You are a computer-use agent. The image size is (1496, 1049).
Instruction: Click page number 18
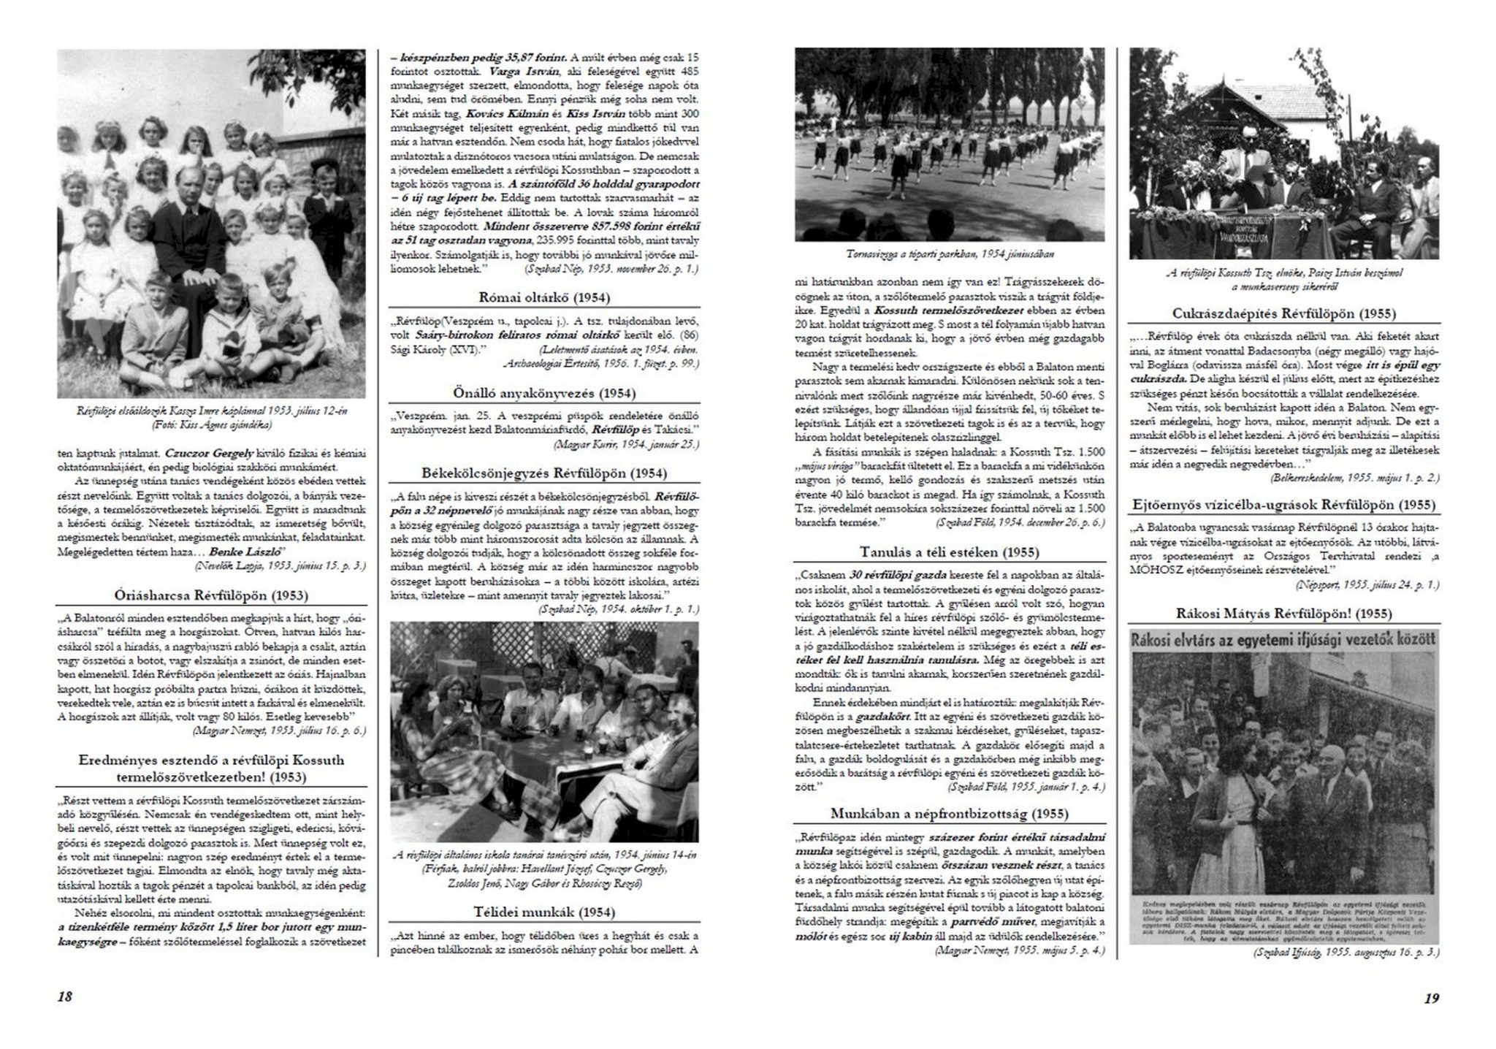click(x=64, y=997)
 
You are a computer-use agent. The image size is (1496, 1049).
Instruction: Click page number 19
click(x=1431, y=998)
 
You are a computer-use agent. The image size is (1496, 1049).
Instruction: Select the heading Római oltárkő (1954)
click(x=544, y=297)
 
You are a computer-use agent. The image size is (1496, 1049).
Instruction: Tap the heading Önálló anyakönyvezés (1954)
click(x=544, y=392)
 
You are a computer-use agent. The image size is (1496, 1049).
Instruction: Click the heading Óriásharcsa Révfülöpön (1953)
click(x=211, y=595)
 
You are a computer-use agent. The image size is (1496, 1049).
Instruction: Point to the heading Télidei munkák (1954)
click(x=544, y=912)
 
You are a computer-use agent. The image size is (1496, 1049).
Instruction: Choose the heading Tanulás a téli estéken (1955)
click(x=949, y=552)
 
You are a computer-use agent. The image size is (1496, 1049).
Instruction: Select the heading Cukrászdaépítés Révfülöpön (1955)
click(x=1283, y=313)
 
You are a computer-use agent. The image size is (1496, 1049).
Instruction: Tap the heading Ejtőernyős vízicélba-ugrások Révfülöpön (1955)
click(x=1283, y=505)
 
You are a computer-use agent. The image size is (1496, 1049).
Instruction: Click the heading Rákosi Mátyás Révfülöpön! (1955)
click(x=1283, y=614)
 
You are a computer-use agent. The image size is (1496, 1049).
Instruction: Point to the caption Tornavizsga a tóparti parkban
click(x=950, y=254)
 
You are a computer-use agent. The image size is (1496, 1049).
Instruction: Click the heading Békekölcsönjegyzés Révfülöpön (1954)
click(x=544, y=473)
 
